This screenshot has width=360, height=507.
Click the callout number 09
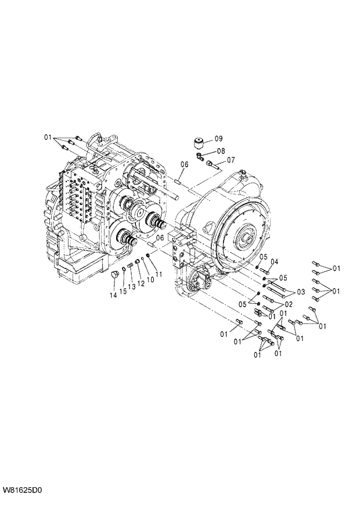[218, 139]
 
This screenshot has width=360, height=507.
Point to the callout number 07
[231, 160]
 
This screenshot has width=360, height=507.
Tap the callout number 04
[274, 261]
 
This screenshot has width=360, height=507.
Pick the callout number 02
[288, 304]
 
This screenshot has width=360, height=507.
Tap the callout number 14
[113, 295]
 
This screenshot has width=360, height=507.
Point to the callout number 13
[132, 286]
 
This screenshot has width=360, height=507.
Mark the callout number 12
[141, 283]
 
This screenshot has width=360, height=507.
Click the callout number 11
[158, 274]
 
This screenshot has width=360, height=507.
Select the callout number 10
[149, 279]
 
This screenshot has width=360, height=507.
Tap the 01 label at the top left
[48, 137]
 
